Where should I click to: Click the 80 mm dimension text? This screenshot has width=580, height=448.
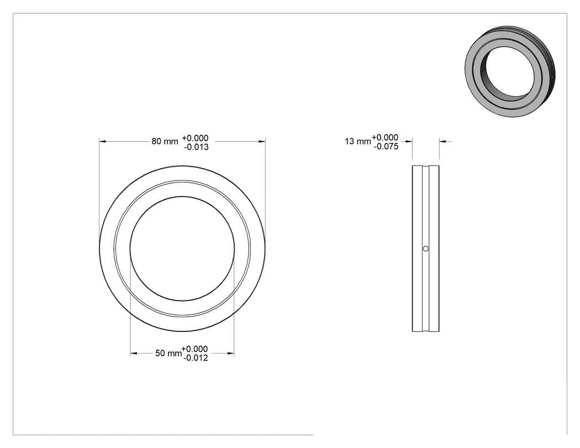(x=165, y=141)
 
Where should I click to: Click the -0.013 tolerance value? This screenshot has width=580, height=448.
(x=197, y=147)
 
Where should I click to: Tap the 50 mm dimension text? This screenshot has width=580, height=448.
(x=168, y=354)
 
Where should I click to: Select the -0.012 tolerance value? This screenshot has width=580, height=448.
(x=196, y=358)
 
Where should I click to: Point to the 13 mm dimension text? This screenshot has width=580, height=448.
(x=358, y=141)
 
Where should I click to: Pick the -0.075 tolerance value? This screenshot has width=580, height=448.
(x=386, y=146)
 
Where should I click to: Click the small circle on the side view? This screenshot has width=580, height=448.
(x=426, y=249)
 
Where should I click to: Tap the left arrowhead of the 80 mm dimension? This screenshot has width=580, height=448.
(x=102, y=141)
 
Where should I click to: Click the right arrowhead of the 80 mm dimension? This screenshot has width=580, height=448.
(x=262, y=141)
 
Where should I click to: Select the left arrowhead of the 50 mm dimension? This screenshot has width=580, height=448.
(x=134, y=354)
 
